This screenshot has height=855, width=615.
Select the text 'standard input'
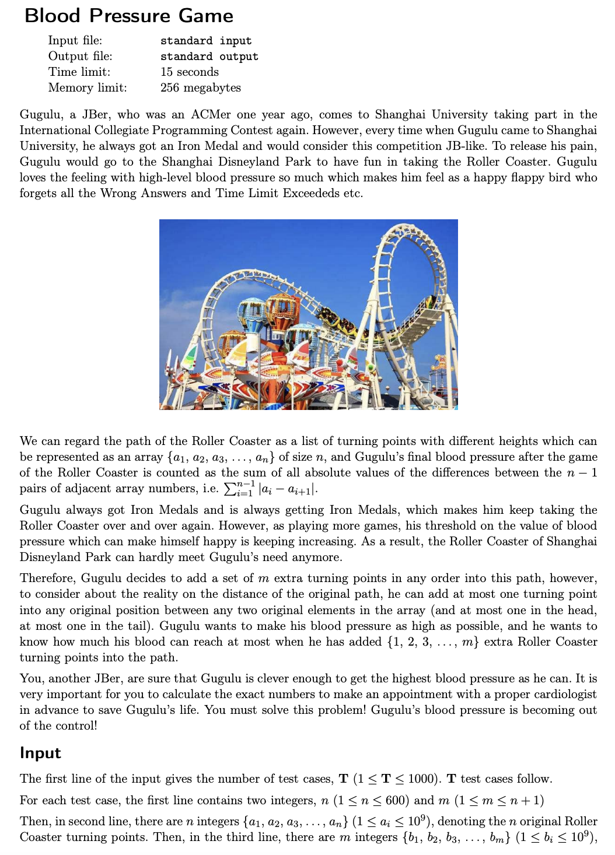pos(206,41)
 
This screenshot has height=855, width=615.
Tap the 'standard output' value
pos(209,57)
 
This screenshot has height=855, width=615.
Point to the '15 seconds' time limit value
pos(190,72)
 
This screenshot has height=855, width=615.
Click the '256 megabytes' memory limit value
pos(201,88)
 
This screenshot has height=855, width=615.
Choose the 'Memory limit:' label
pos(87,88)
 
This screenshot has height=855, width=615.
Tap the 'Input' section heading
pos(40,753)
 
